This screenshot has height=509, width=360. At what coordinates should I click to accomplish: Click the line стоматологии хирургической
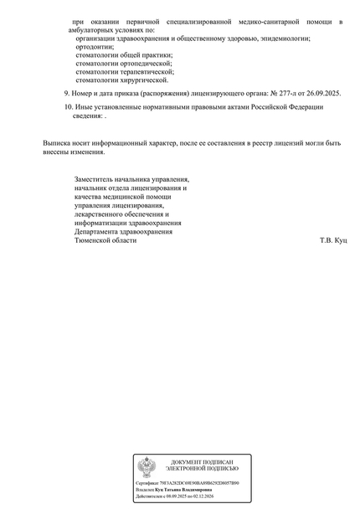(x=122, y=80)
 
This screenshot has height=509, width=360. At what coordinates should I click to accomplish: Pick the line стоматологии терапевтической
(x=125, y=72)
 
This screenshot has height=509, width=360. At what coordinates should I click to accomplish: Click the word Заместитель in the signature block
(x=98, y=179)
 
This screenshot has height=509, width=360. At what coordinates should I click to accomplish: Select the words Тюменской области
(x=105, y=240)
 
